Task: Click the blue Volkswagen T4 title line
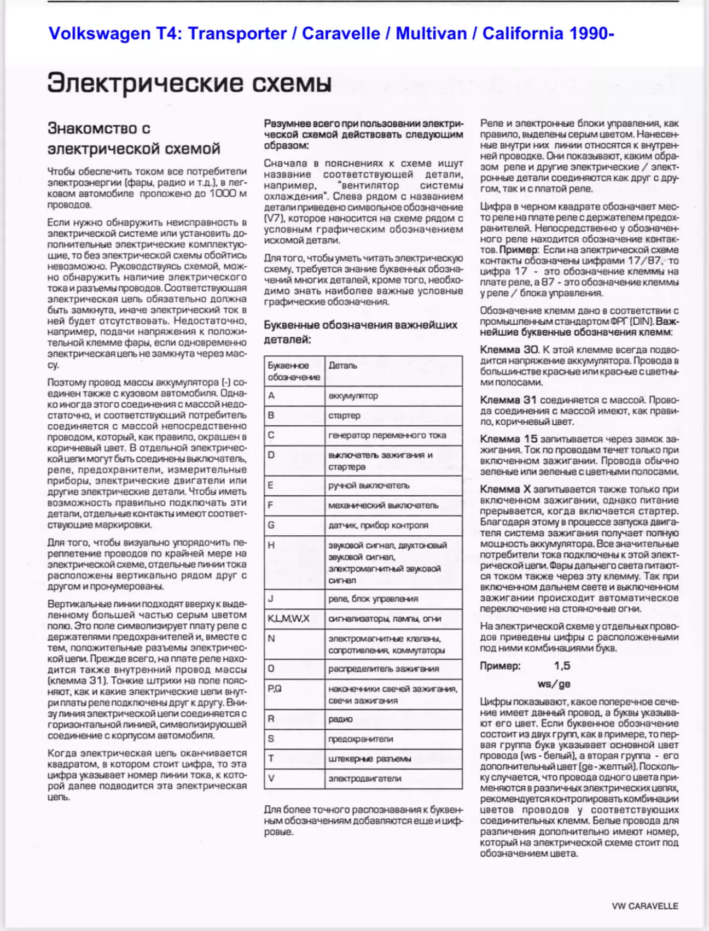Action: pyautogui.click(x=332, y=34)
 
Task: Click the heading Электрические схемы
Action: pyautogui.click(x=189, y=83)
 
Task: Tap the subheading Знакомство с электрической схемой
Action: pyautogui.click(x=133, y=138)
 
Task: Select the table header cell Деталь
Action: pyautogui.click(x=343, y=365)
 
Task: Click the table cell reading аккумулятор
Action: pyautogui.click(x=353, y=396)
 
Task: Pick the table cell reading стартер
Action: pyautogui.click(x=344, y=415)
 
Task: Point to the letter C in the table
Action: pyautogui.click(x=271, y=435)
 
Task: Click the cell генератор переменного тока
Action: pyautogui.click(x=387, y=435)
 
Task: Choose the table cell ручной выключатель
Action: pyautogui.click(x=369, y=485)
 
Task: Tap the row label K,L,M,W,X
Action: pyautogui.click(x=288, y=619)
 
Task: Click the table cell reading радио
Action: pyautogui.click(x=340, y=719)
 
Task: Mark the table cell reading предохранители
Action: pyautogui.click(x=361, y=739)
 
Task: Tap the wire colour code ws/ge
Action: pyautogui.click(x=554, y=684)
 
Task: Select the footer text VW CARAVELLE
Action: pyautogui.click(x=644, y=906)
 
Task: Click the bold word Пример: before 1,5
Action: pyautogui.click(x=500, y=666)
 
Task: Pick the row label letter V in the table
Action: pyautogui.click(x=271, y=778)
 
